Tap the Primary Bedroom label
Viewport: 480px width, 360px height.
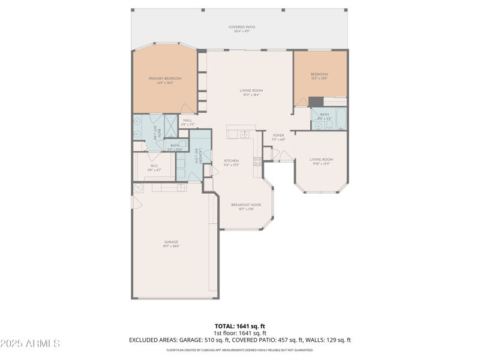pyautogui.click(x=165, y=80)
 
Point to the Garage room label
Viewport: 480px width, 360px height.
pyautogui.click(x=172, y=244)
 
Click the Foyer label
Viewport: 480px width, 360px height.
pyautogui.click(x=278, y=137)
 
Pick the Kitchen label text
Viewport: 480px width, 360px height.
pyautogui.click(x=232, y=162)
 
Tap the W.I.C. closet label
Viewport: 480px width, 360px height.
pyautogui.click(x=154, y=167)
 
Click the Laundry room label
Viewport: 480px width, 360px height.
pyautogui.click(x=197, y=157)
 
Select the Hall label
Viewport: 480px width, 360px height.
pyautogui.click(x=188, y=122)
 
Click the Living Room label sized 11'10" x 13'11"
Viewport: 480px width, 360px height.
pyautogui.click(x=321, y=161)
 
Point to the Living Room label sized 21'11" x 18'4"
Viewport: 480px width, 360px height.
pyautogui.click(x=252, y=92)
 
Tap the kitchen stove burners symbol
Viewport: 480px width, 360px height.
pyautogui.click(x=257, y=161)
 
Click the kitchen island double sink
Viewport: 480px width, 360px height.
pyautogui.click(x=245, y=134)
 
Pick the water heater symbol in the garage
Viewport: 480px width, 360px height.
pyautogui.click(x=138, y=188)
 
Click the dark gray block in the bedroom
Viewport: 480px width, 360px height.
pyautogui.click(x=316, y=101)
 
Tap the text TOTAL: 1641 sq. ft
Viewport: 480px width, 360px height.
pyautogui.click(x=239, y=326)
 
